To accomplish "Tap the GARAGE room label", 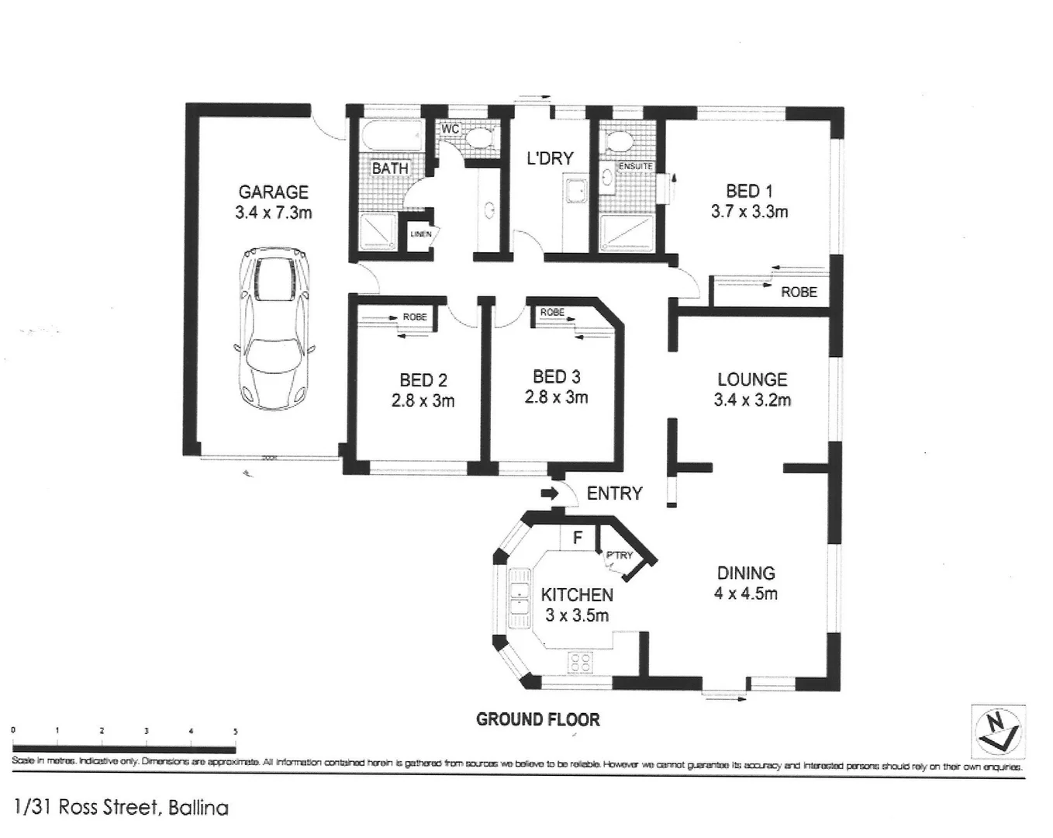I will (273, 192).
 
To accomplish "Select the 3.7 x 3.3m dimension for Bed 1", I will (749, 211).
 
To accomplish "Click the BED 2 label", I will (423, 380).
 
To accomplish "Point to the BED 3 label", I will (556, 377).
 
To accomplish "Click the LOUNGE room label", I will (751, 379).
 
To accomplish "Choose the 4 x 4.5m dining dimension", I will (746, 594).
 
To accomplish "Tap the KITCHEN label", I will (576, 595).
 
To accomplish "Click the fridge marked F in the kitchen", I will (577, 537).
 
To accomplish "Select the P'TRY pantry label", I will (619, 556).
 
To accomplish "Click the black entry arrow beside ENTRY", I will (549, 493).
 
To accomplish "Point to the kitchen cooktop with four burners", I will (581, 662).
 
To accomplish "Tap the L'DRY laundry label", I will (550, 158).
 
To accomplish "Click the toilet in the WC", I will (477, 140).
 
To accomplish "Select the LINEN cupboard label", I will (420, 234).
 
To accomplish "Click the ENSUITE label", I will (635, 167).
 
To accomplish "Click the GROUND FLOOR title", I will (537, 719).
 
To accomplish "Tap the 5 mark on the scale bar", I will (235, 732).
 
